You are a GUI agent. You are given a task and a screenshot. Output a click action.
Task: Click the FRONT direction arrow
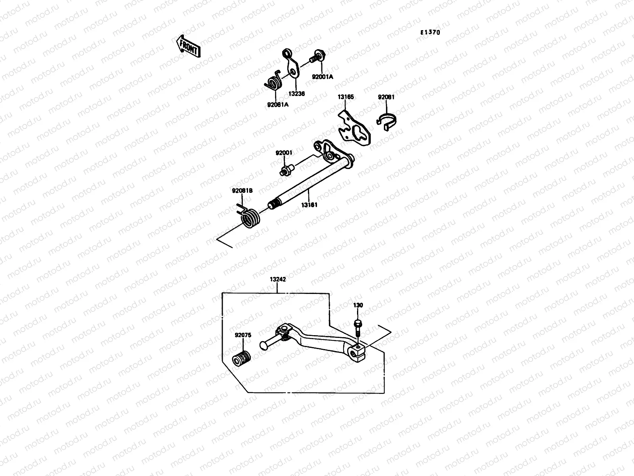pyautogui.click(x=188, y=46)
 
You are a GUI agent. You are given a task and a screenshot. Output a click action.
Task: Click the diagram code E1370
pyautogui.click(x=430, y=33)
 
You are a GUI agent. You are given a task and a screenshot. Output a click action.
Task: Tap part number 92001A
pyautogui.click(x=322, y=77)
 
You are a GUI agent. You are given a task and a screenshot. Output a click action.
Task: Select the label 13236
pyautogui.click(x=296, y=94)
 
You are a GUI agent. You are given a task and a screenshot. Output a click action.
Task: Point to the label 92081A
pyautogui.click(x=277, y=105)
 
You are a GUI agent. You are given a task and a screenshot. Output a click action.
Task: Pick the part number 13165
pyautogui.click(x=346, y=97)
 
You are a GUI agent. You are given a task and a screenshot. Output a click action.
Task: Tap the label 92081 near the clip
pyautogui.click(x=386, y=97)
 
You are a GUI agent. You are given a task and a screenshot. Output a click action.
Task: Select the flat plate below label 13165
pyautogui.click(x=355, y=129)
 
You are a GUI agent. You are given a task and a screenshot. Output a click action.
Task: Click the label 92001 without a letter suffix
pyautogui.click(x=284, y=153)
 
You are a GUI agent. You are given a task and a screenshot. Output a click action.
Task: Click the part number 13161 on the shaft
pyautogui.click(x=309, y=205)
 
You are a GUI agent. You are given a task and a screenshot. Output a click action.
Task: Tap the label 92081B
pyautogui.click(x=242, y=191)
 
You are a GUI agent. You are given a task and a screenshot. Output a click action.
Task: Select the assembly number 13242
pyautogui.click(x=278, y=279)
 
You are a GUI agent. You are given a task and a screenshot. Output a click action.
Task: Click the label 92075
pyautogui.click(x=243, y=335)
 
